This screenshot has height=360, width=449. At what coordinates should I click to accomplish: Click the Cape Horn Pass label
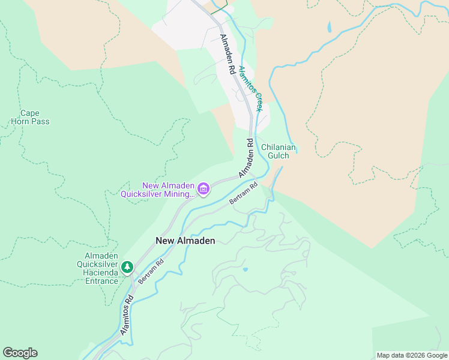30,117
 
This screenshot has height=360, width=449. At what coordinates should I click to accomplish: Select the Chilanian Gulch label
279,151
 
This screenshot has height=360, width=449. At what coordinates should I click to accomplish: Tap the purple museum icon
203,190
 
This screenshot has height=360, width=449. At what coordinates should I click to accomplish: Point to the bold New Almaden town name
185,241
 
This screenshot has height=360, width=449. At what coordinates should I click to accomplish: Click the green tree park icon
127,267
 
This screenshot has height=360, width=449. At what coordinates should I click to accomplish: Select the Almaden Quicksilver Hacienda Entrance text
97,269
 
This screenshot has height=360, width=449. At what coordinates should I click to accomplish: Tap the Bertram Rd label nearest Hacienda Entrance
151,271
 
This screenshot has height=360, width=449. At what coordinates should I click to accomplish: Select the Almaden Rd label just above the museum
247,158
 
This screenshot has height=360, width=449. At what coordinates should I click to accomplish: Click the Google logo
20,353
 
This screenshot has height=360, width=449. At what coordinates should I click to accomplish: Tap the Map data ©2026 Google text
411,355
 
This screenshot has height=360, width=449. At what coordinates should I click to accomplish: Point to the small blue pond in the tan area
329,27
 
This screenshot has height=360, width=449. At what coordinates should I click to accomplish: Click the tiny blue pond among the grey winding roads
245,269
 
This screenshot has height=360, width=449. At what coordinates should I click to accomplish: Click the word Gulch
279,155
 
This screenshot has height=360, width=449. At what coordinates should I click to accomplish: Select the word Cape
30,113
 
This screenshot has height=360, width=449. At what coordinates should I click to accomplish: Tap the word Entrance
97,281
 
